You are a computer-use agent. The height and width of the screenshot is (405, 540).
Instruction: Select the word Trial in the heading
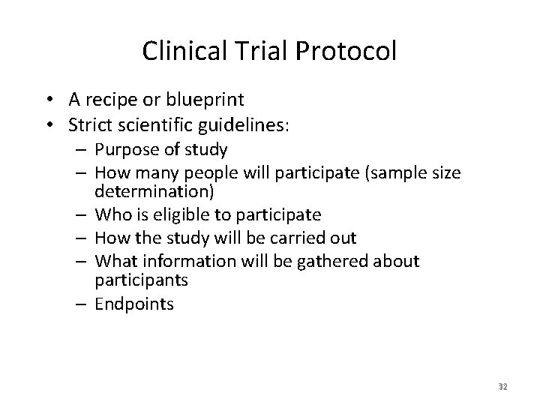pos(255,51)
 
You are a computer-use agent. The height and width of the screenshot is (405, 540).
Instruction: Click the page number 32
pos(502,387)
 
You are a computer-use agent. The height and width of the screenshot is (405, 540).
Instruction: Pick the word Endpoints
pos(134,304)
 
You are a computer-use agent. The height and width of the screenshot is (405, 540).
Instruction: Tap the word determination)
pos(154,190)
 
